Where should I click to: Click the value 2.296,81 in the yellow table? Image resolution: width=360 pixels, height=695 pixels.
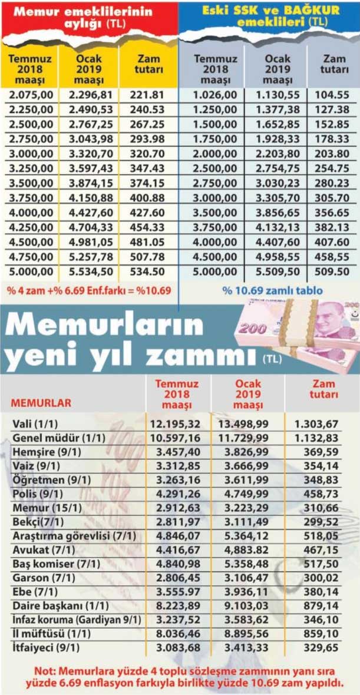89,95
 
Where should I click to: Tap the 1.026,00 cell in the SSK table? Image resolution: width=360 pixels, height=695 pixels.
215,95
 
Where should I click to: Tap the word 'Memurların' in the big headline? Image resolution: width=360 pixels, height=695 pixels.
104,326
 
